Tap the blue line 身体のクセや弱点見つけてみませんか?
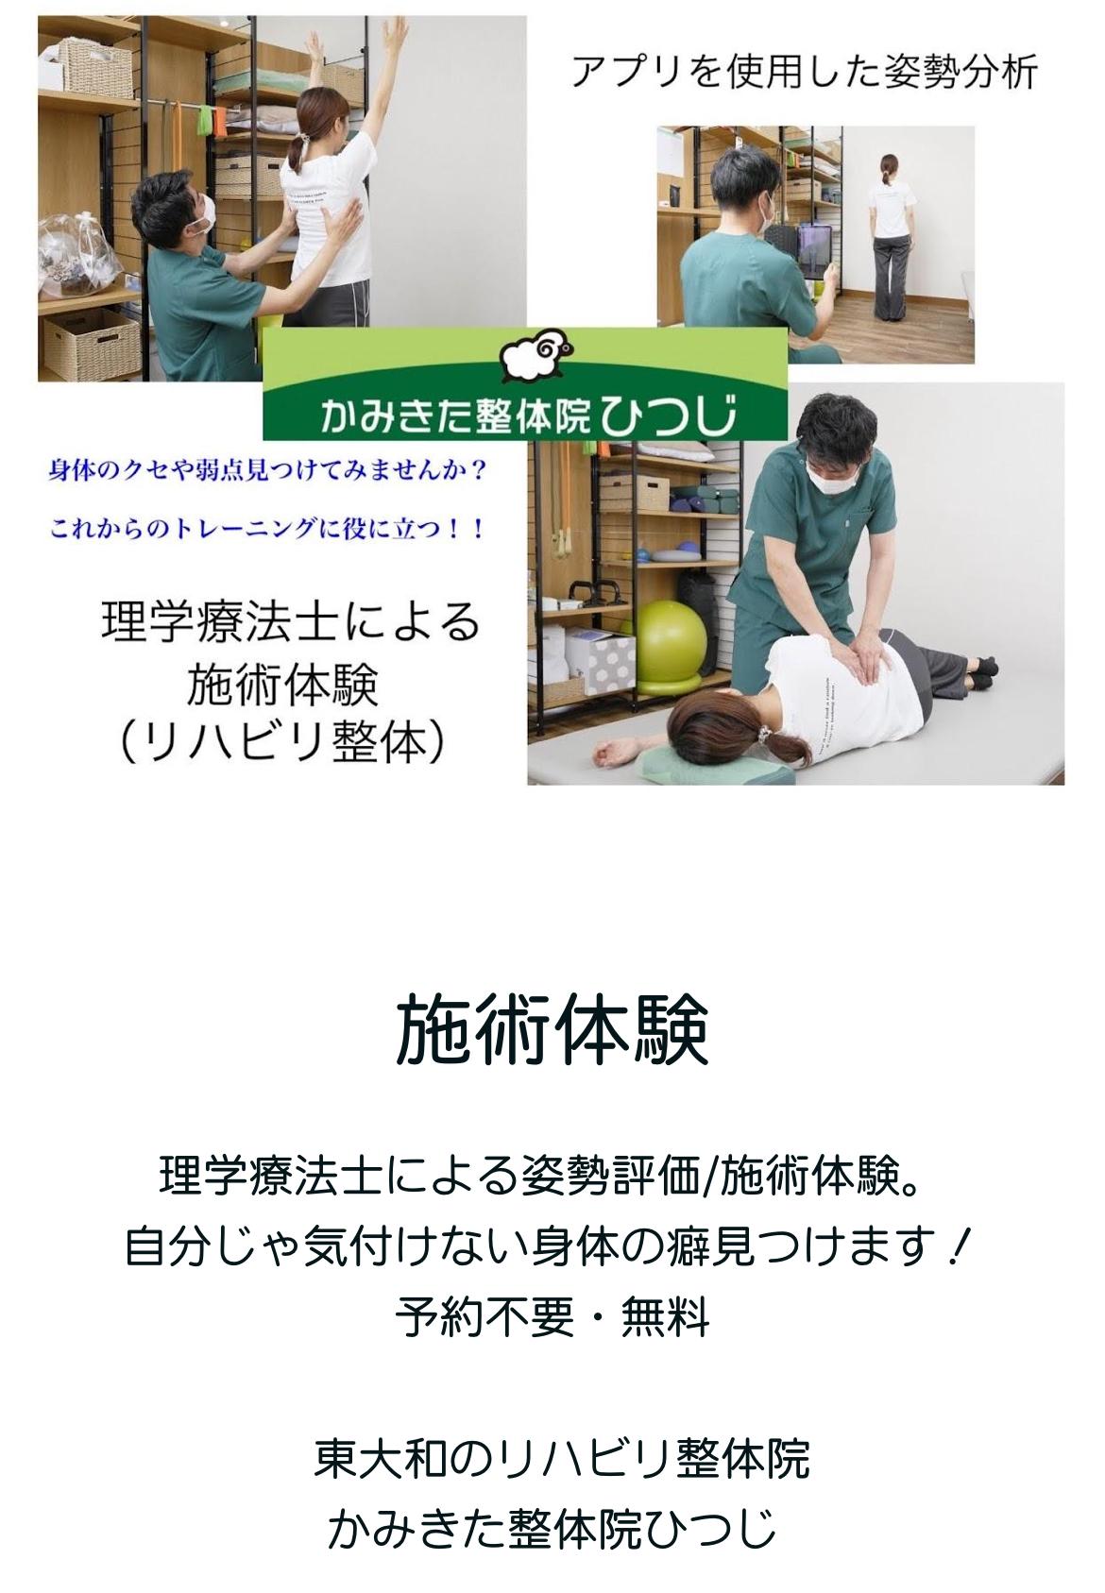click(x=266, y=471)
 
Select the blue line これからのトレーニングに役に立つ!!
click(x=266, y=530)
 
